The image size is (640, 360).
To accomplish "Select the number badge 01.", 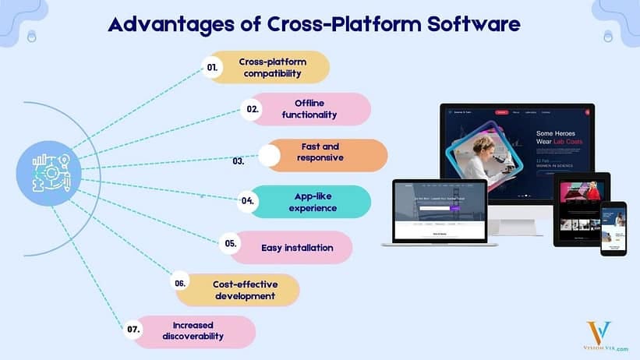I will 212,68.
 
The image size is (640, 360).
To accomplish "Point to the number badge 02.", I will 253,110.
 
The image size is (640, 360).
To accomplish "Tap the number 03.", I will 239,162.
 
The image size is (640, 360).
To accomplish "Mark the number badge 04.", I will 248,201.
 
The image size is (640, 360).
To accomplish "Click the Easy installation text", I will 297,248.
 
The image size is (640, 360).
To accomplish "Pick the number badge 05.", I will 231,244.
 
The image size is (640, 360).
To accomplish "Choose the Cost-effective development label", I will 244,290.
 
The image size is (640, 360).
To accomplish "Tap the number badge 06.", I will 180,284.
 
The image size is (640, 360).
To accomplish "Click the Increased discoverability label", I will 193,330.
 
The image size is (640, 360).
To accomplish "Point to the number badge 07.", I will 133,330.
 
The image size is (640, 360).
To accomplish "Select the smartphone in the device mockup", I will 613,228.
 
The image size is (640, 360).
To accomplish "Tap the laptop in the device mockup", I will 440,214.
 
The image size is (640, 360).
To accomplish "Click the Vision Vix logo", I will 599,334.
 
